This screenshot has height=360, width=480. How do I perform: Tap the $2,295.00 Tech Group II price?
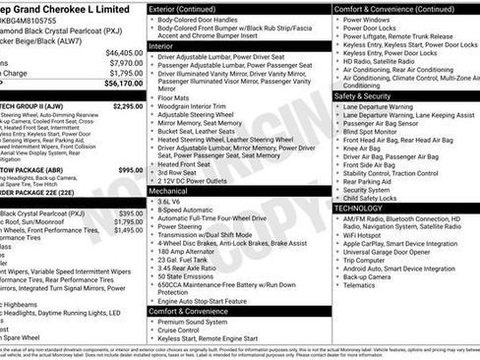127,105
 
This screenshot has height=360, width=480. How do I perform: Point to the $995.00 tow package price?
130,169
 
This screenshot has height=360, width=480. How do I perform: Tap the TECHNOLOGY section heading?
361,209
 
